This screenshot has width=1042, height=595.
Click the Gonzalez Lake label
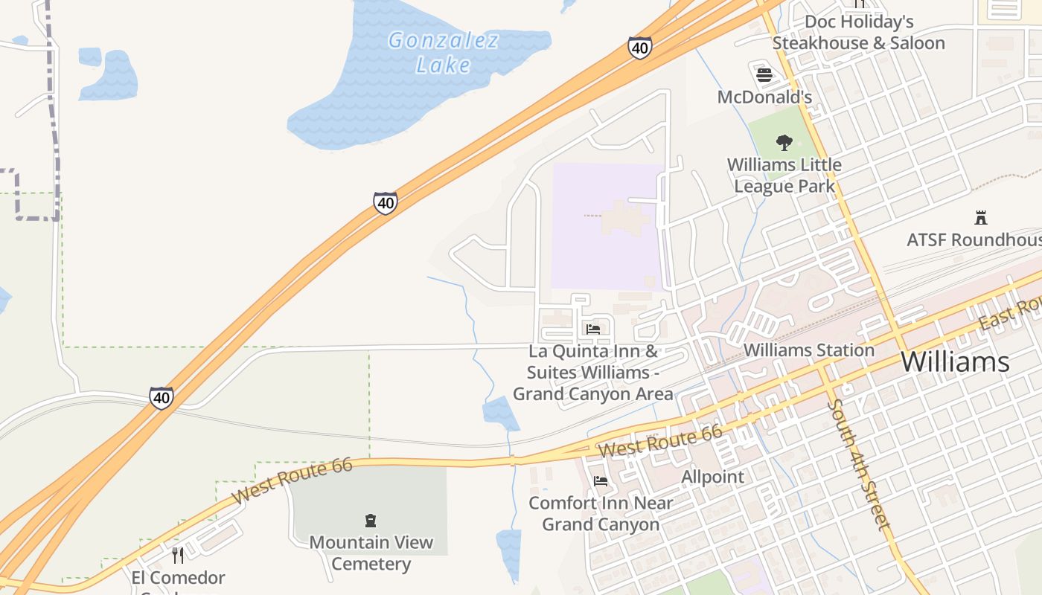coord(444,52)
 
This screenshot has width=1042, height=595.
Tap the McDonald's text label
coord(764,97)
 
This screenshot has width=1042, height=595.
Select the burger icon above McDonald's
coord(764,74)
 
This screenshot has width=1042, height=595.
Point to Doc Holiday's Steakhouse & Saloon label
coord(858,33)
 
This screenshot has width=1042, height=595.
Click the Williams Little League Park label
coord(784,175)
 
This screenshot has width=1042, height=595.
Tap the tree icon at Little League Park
coord(784,142)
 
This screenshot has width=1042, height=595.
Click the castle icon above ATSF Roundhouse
coord(981,218)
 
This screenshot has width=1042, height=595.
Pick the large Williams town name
coord(955,362)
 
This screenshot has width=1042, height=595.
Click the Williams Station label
coord(809,350)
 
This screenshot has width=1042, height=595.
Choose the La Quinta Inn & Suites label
coord(593,372)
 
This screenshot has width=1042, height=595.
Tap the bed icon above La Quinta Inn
coord(593,329)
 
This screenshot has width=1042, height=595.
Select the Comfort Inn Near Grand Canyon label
coord(601,513)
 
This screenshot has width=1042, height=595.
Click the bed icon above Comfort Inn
coord(601,481)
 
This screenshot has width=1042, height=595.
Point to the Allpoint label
coord(712,477)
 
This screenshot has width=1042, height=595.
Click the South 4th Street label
coord(858,465)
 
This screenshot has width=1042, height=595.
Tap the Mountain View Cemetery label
coord(371,553)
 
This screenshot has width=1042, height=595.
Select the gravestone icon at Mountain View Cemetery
coord(371,520)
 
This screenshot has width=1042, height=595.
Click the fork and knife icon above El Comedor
coord(178,555)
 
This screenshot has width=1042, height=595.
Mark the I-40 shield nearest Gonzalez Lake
coord(639,48)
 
